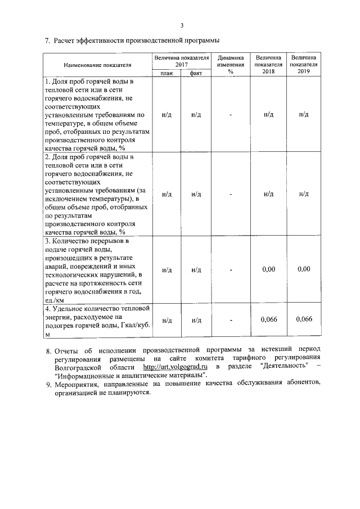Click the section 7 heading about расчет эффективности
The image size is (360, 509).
coord(132,40)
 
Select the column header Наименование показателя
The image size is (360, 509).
coord(97,65)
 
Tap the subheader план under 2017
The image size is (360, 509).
coord(166,74)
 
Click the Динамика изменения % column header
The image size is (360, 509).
coord(231,65)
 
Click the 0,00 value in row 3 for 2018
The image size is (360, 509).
coord(268,269)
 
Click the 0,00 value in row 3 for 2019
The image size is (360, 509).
coord(304,269)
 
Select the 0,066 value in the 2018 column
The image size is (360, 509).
coord(268,320)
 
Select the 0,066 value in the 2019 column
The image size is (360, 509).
coord(304,320)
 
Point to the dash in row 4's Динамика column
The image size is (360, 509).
coord(231,320)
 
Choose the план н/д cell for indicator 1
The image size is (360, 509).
coord(166,115)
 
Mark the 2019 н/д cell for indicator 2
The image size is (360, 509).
coord(304,194)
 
